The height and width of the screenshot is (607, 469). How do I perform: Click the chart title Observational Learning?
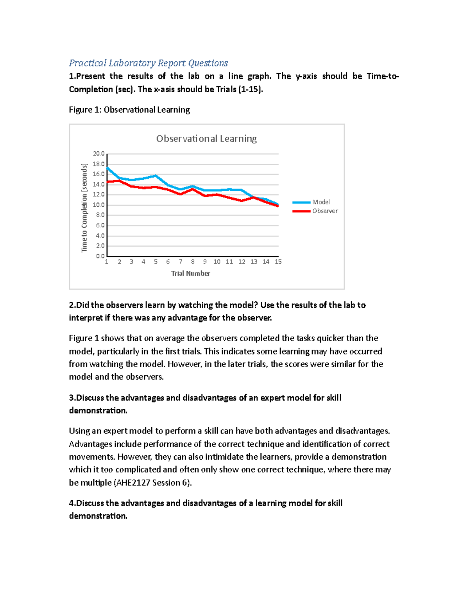[x=206, y=139]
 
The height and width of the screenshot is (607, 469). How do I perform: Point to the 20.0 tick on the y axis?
[x=98, y=154]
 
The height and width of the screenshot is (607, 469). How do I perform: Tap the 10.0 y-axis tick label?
[x=98, y=205]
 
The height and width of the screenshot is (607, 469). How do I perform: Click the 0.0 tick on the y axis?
[x=100, y=256]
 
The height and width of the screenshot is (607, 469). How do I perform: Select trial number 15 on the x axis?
[x=278, y=262]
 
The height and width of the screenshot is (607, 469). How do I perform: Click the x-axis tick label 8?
[x=193, y=262]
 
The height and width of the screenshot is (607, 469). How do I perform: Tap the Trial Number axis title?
[x=190, y=274]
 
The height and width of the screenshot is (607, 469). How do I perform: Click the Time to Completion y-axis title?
[x=84, y=208]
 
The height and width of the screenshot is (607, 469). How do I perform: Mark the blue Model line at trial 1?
[x=107, y=168]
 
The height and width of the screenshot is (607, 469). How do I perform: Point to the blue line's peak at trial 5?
[x=156, y=176]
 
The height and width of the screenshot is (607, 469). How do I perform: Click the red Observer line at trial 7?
[x=180, y=194]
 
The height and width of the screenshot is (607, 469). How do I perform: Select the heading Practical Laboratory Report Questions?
[x=148, y=63]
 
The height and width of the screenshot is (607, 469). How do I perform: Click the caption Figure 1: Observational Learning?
[x=129, y=110]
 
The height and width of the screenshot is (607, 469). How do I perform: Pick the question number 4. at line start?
[x=72, y=503]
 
